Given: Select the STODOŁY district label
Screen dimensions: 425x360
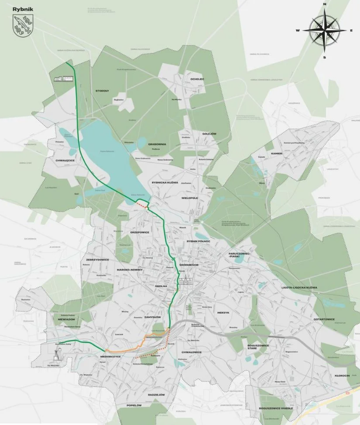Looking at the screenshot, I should coord(102,90).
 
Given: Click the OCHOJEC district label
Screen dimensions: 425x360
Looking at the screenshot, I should coord(198,78).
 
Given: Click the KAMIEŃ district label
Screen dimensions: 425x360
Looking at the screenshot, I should coord(276,153).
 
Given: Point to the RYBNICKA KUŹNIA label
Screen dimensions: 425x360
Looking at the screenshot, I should coord(164,182).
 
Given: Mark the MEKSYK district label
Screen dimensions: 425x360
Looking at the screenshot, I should coord(223,313).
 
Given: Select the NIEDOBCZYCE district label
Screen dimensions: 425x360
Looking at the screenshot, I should coord(110,357).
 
